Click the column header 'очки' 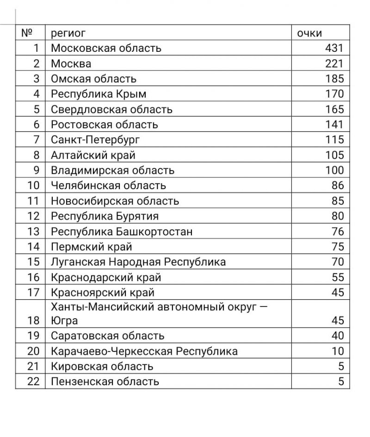(309, 33)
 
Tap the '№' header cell (27, 33)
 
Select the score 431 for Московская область (334, 48)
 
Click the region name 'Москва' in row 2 (71, 63)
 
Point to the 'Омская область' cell (93, 79)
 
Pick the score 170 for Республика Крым (334, 94)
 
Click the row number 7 (37, 140)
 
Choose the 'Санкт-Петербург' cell (95, 140)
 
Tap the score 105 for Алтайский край (334, 155)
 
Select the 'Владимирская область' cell (112, 170)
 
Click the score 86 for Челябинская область (338, 185)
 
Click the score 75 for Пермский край (338, 246)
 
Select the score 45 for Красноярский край (338, 292)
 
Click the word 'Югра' (64, 320)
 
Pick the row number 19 (34, 336)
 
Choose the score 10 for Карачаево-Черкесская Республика (338, 351)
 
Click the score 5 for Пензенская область (341, 382)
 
